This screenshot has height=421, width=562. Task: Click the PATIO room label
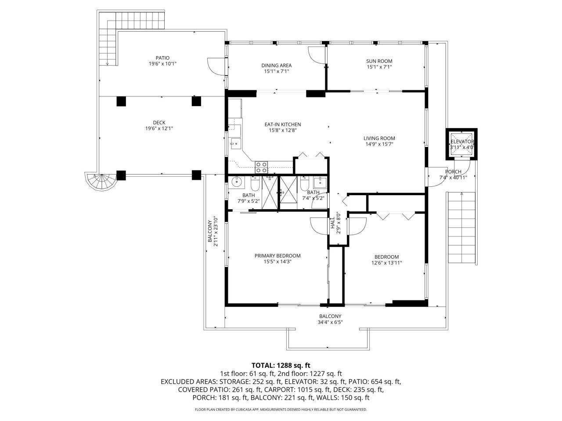click(162, 57)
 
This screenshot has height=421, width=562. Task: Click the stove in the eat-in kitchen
click(262, 167)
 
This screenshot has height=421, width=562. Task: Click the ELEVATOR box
click(461, 144)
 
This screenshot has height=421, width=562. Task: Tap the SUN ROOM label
click(379, 61)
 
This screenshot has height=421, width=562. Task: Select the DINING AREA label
click(277, 65)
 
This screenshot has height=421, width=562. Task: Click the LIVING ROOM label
click(379, 138)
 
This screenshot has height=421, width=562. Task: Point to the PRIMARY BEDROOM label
click(277, 256)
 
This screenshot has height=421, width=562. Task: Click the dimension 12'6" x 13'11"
click(386, 263)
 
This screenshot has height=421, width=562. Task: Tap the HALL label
click(332, 224)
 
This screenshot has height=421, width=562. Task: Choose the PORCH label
click(453, 171)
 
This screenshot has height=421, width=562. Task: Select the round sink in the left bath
click(237, 181)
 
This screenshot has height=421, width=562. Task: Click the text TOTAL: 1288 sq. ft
click(281, 365)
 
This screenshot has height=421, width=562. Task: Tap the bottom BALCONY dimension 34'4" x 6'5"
click(330, 322)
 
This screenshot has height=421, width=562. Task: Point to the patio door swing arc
click(216, 67)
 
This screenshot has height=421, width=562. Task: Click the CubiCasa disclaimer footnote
click(281, 410)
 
